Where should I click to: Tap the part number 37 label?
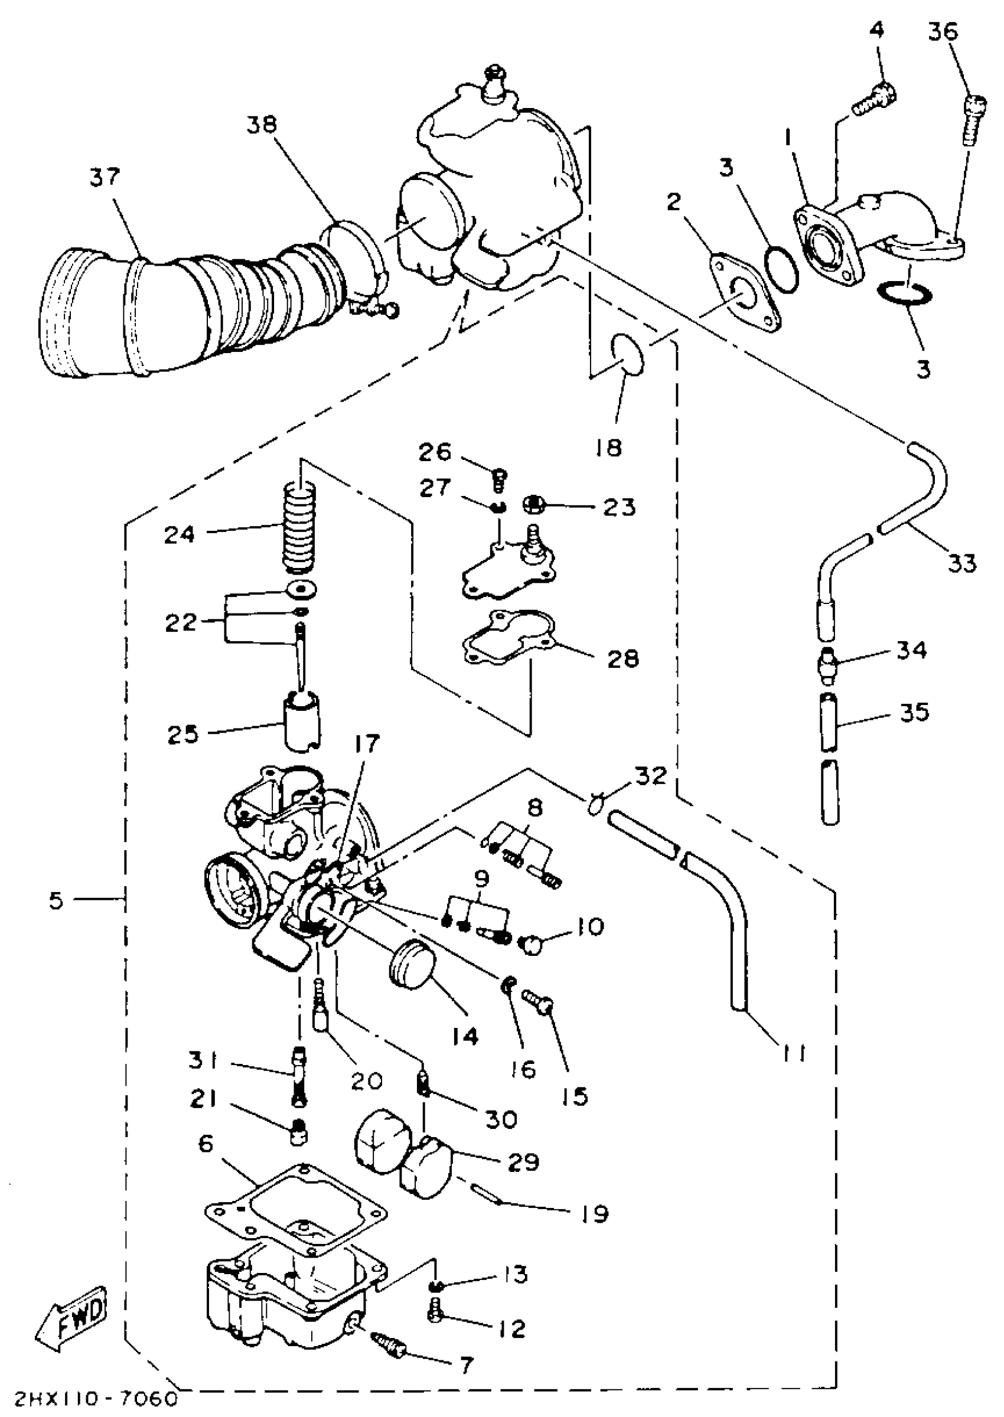[x=105, y=177]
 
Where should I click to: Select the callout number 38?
[x=263, y=125]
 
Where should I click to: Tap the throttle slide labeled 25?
[x=301, y=723]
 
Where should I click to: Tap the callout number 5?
[x=56, y=900]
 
